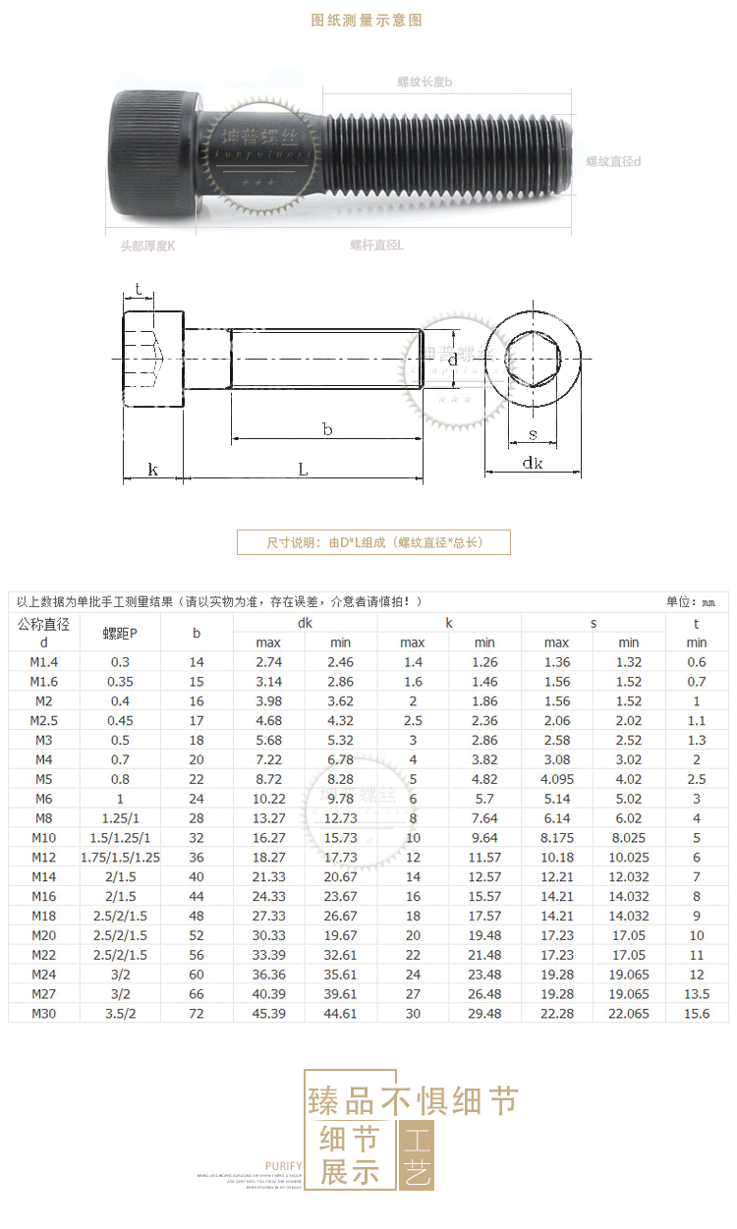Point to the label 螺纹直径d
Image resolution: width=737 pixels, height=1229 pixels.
point(614,161)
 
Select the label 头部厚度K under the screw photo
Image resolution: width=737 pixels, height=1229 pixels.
point(142,246)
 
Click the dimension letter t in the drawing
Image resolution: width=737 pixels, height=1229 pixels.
point(139,289)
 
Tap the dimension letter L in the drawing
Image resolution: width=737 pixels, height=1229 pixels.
point(303,470)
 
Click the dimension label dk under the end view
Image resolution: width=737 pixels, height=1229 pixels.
point(532,463)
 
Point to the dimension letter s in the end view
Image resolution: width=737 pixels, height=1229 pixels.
point(533,433)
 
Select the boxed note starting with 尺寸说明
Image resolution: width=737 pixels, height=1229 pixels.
point(373,542)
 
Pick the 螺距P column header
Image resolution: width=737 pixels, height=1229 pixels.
point(120,634)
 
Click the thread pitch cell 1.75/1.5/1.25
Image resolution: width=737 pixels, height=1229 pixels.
point(120,858)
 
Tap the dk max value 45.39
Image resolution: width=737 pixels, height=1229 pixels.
point(268,1013)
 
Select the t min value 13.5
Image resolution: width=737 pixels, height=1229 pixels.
point(697,993)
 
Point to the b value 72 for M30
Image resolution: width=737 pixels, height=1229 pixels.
point(197,1013)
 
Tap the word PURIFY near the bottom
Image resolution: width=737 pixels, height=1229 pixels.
point(284,1166)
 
